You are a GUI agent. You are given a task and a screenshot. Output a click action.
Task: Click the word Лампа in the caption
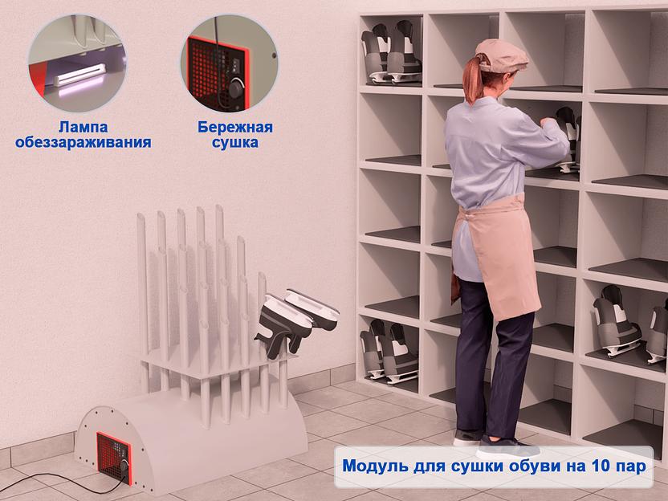[83, 127]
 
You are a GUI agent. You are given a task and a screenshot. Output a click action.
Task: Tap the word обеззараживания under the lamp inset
[83, 142]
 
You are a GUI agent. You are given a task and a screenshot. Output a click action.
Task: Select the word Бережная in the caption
[235, 127]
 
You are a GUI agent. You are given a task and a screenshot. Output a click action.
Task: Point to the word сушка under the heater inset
[235, 142]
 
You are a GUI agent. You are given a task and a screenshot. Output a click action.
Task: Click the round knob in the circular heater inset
[236, 89]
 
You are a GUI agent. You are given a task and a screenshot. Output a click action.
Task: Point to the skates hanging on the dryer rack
[297, 320]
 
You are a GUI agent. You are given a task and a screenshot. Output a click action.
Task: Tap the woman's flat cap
[502, 55]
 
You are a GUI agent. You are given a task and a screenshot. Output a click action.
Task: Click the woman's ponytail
[473, 81]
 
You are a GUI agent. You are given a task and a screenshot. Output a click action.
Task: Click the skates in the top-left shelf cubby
[391, 52]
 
